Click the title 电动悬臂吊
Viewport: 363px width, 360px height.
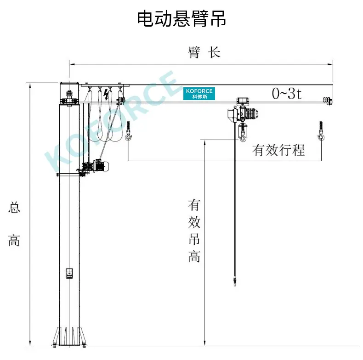[x=181, y=19]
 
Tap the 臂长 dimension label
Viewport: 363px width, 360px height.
[x=204, y=52]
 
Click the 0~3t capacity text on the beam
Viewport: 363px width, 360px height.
[x=287, y=94]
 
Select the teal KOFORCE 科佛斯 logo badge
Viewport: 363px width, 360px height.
[x=199, y=94]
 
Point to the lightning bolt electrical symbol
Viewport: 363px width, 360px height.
[x=106, y=95]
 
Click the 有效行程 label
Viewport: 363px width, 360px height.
[x=278, y=150]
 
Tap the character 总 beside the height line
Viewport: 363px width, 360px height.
[x=14, y=207]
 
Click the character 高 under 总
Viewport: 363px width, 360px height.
[x=14, y=240]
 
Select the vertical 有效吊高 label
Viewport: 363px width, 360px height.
[x=194, y=231]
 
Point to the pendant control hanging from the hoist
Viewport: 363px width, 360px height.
[x=235, y=280]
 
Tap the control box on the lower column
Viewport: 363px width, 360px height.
[x=69, y=273]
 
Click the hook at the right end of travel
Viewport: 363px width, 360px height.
[x=321, y=131]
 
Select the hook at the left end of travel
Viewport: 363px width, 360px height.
[x=128, y=131]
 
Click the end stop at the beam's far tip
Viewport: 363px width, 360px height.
[x=328, y=101]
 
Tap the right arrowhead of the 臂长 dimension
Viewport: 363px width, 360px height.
[x=330, y=64]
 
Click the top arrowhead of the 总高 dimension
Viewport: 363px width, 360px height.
[x=30, y=85]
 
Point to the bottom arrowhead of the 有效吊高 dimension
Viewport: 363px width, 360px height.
[x=204, y=343]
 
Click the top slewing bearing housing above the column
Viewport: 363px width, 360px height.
[x=69, y=93]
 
